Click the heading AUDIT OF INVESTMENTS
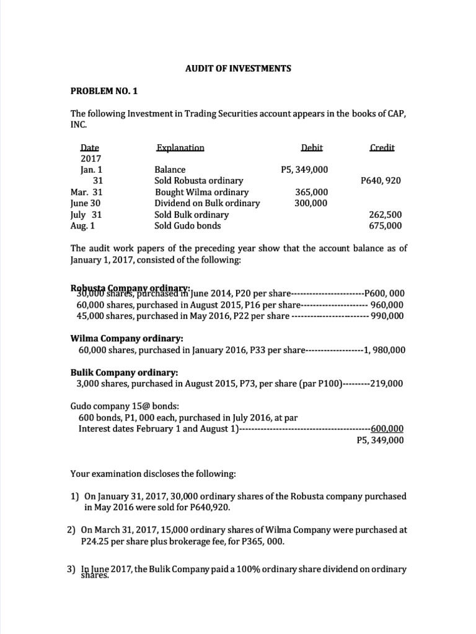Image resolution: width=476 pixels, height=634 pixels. pyautogui.click(x=238, y=69)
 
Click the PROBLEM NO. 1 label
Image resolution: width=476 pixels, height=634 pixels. pyautogui.click(x=105, y=91)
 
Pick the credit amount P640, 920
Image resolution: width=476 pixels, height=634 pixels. pyautogui.click(x=381, y=181)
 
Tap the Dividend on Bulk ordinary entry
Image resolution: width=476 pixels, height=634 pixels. pyautogui.click(x=207, y=203)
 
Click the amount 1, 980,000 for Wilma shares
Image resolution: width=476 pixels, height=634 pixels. pyautogui.click(x=384, y=350)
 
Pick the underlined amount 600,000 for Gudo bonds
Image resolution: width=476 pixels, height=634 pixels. pyautogui.click(x=387, y=428)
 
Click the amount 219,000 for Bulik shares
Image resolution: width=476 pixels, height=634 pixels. pyautogui.click(x=387, y=383)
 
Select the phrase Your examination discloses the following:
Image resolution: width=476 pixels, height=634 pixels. pyautogui.click(x=153, y=474)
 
